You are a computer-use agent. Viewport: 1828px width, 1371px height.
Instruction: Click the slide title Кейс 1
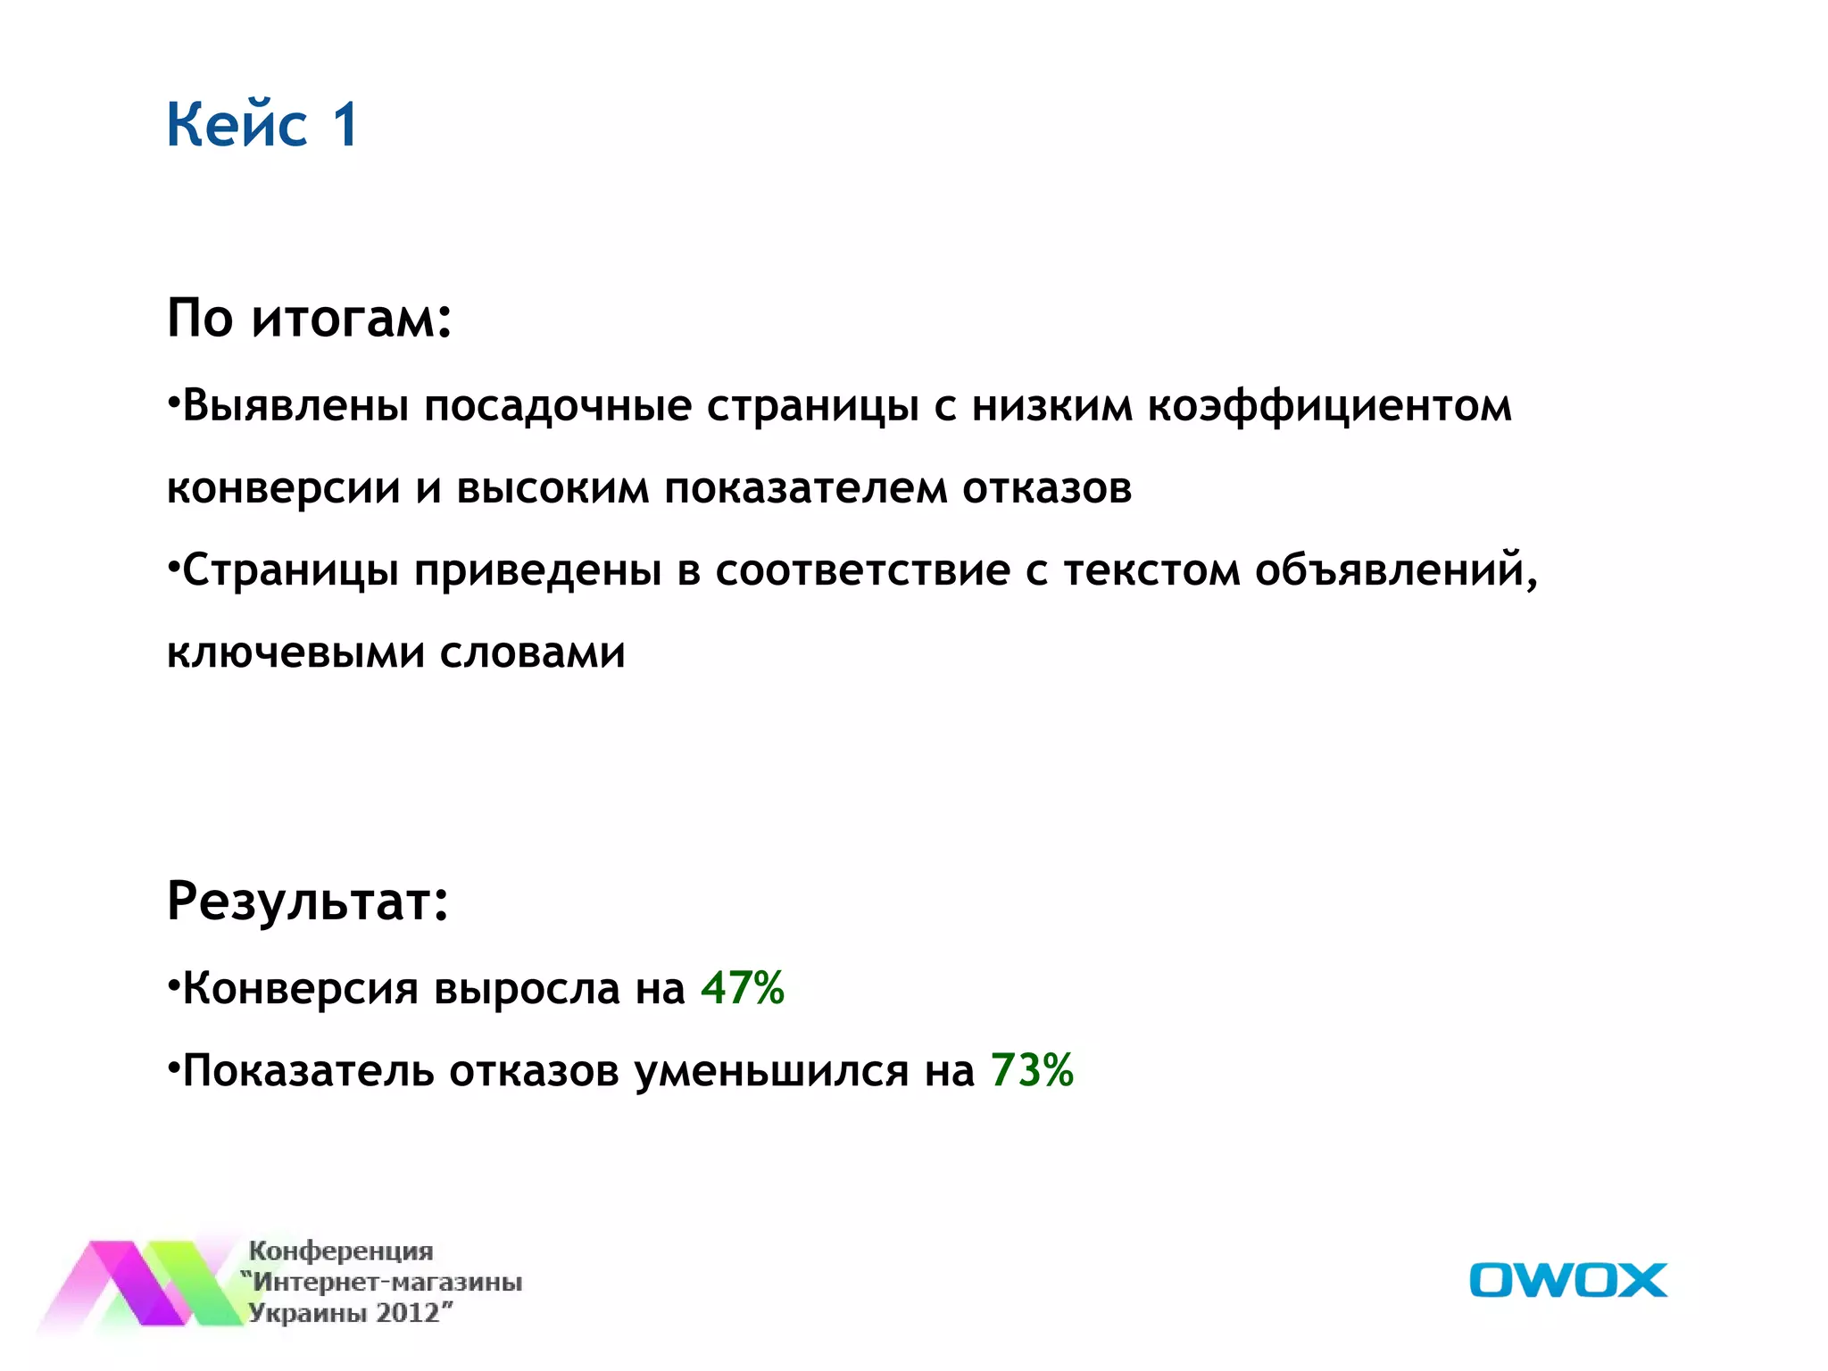(x=262, y=124)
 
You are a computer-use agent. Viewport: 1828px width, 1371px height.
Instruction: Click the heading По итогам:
(x=309, y=318)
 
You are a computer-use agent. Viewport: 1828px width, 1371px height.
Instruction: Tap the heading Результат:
(x=307, y=901)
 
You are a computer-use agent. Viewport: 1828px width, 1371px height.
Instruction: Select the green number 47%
(x=742, y=988)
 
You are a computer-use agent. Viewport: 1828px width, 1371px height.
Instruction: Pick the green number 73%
(x=1032, y=1070)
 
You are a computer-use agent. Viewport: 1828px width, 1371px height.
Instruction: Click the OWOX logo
(x=1567, y=1280)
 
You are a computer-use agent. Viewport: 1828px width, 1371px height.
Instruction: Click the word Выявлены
(x=295, y=407)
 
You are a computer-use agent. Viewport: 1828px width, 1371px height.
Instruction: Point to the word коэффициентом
(x=1329, y=407)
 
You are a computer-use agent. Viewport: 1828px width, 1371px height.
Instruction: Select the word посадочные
(x=558, y=407)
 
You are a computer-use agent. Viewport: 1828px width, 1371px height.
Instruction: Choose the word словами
(x=532, y=653)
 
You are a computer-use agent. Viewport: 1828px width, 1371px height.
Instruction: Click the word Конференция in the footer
(x=341, y=1251)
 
